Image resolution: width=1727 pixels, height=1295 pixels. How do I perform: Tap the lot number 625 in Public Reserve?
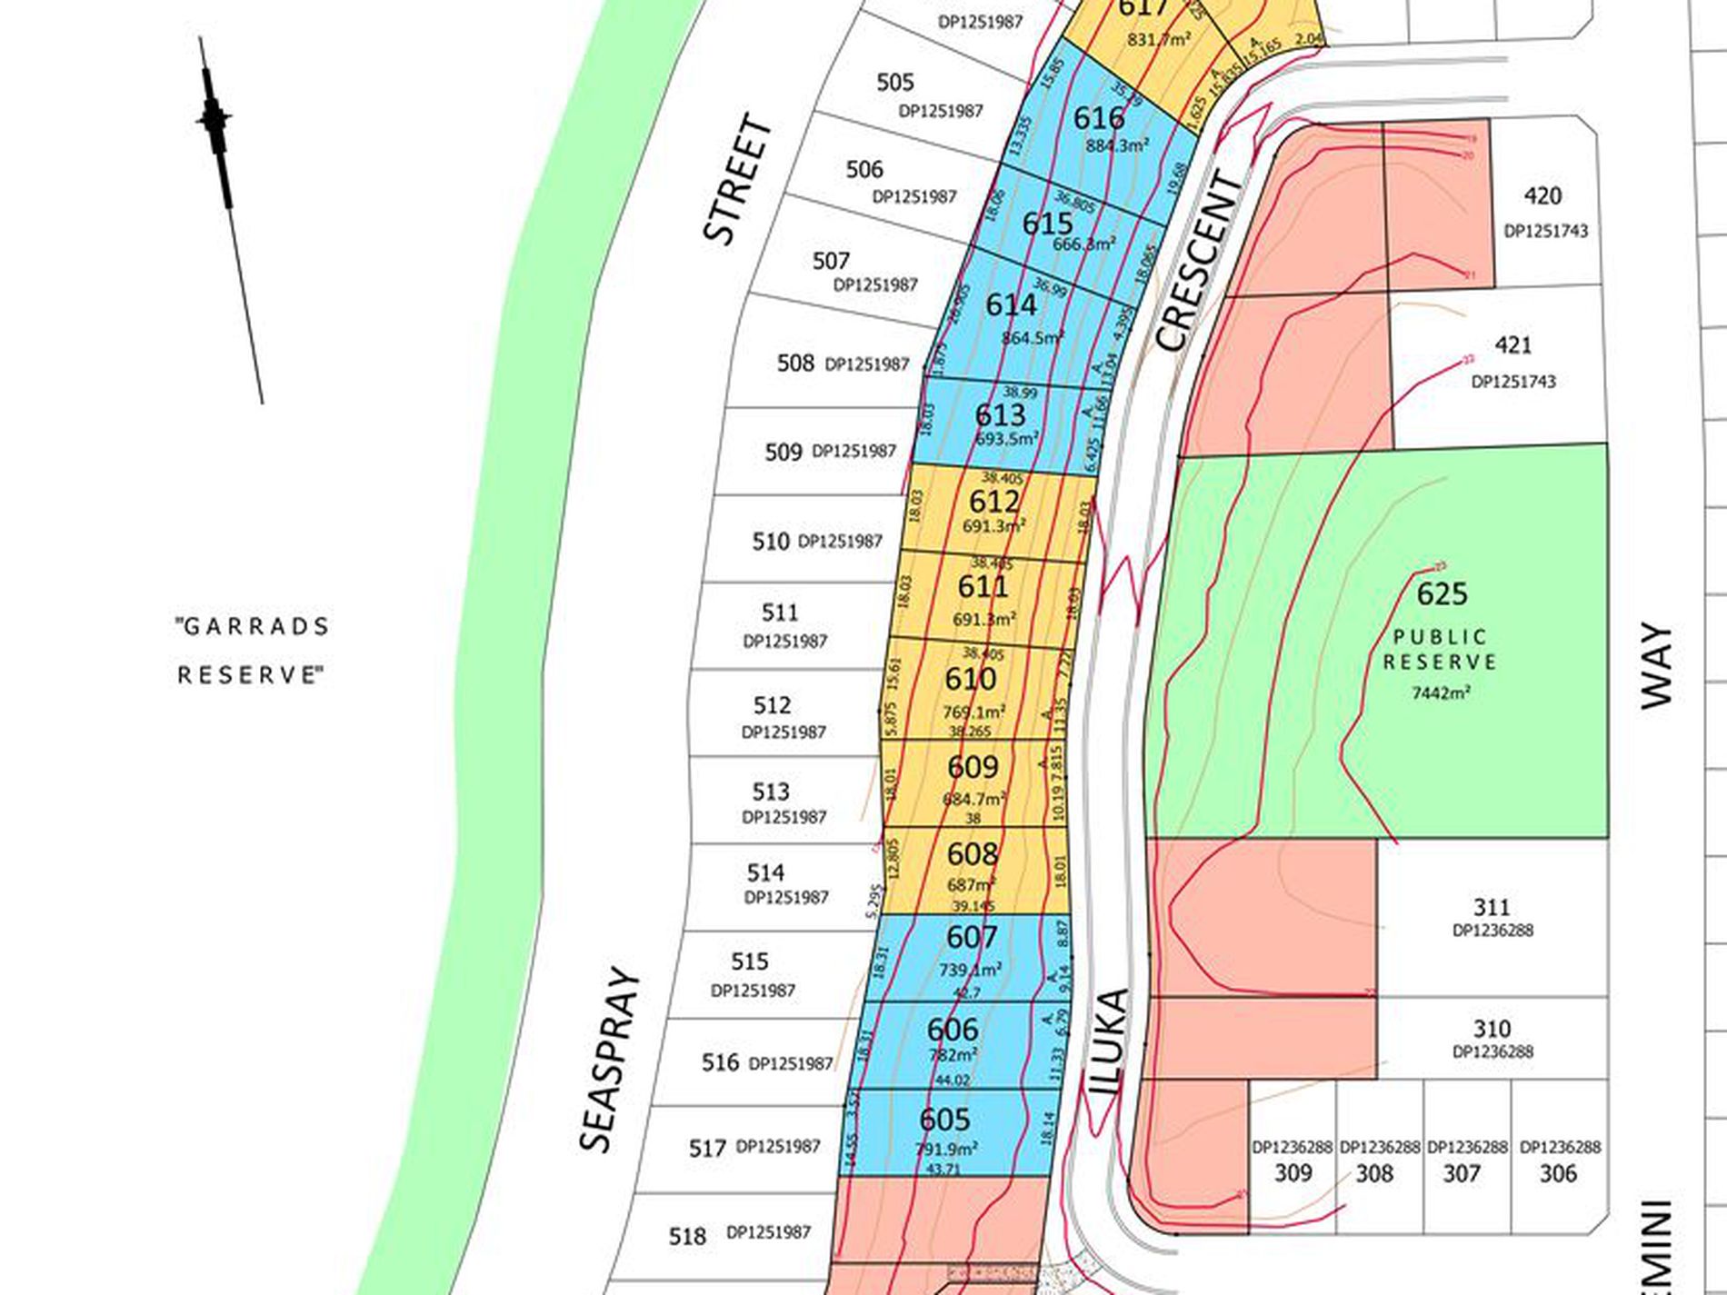pyautogui.click(x=1442, y=594)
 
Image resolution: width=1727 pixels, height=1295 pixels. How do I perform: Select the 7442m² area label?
pyautogui.click(x=1441, y=693)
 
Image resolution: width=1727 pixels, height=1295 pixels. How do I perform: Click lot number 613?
pyautogui.click(x=1000, y=415)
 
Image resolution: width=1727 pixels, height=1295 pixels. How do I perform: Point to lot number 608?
pyautogui.click(x=972, y=854)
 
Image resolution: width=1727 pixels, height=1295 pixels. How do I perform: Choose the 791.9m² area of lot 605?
pyautogui.click(x=946, y=1149)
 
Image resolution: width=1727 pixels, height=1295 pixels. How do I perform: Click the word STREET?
pyautogui.click(x=737, y=179)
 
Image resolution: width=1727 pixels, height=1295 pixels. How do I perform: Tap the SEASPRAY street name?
pyautogui.click(x=608, y=1060)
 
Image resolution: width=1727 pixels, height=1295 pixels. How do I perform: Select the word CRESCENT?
pyautogui.click(x=1197, y=262)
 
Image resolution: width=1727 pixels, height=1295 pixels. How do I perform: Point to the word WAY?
pyautogui.click(x=1656, y=665)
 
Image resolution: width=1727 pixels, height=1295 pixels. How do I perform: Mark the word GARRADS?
pyautogui.click(x=252, y=627)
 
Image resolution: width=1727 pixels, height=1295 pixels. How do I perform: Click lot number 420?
pyautogui.click(x=1542, y=196)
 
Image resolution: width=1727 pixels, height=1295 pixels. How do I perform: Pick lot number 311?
pyautogui.click(x=1492, y=907)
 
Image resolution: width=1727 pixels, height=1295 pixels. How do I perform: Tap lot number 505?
pyautogui.click(x=894, y=83)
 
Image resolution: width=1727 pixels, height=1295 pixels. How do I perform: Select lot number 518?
pyautogui.click(x=687, y=1237)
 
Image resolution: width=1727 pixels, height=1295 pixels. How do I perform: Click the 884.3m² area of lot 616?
pyautogui.click(x=1117, y=145)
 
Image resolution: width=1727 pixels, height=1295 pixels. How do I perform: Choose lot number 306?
pyautogui.click(x=1558, y=1173)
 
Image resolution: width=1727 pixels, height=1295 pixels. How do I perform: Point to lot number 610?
pyautogui.click(x=971, y=679)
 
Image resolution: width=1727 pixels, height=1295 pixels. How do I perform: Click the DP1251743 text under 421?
pyautogui.click(x=1513, y=382)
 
